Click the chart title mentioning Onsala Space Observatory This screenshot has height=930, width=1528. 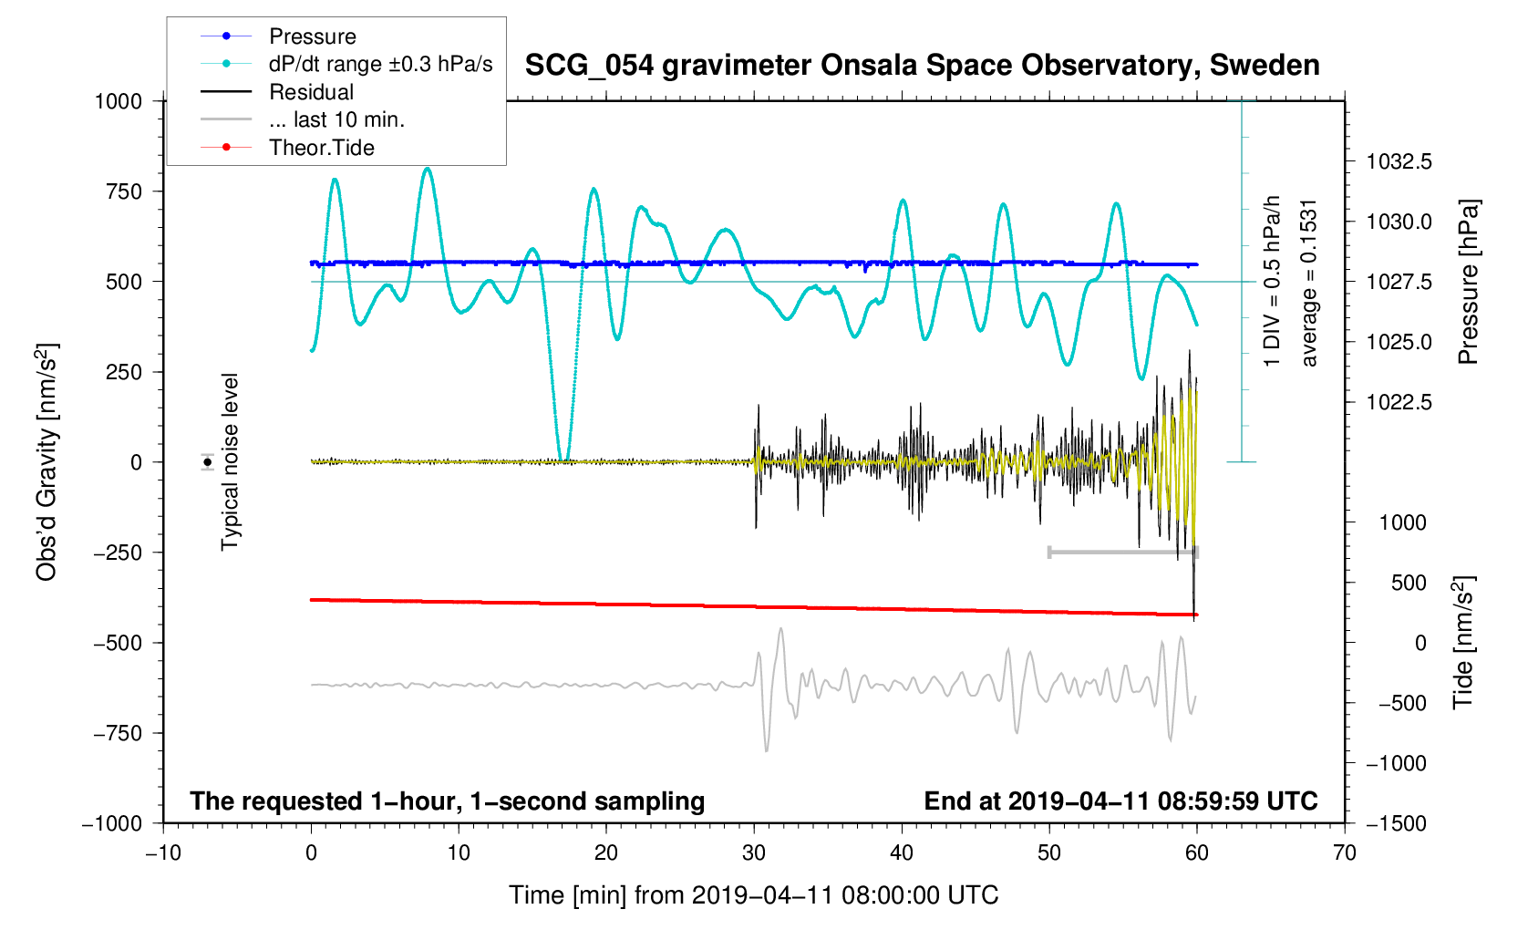922,66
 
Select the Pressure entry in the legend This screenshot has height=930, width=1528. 312,36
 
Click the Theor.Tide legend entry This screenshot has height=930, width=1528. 321,148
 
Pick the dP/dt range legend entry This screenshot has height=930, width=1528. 380,64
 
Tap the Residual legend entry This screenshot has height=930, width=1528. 311,92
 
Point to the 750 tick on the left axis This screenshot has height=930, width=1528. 124,191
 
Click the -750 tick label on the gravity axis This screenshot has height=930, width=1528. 119,733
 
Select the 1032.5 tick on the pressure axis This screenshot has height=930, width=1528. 1399,161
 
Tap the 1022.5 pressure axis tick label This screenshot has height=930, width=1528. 1399,402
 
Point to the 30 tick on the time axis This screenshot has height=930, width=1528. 754,852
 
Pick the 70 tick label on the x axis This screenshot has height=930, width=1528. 1344,852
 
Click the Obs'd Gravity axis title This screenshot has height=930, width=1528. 46,462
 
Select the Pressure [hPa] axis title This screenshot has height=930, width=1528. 1468,282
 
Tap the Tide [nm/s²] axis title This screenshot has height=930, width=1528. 1464,643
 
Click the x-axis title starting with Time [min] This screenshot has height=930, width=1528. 753,895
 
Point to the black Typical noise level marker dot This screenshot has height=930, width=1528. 208,462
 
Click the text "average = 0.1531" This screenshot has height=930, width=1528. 1309,283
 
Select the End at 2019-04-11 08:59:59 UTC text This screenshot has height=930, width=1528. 1120,801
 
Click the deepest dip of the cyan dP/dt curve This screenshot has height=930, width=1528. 563,460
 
